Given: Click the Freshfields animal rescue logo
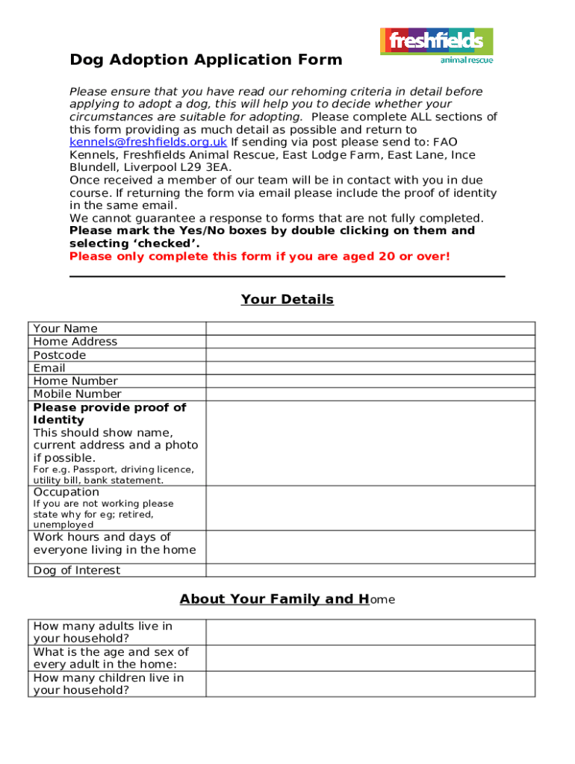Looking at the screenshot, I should pyautogui.click(x=436, y=46).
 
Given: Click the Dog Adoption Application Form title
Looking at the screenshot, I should pyautogui.click(x=206, y=60).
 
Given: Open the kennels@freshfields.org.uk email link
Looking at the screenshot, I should pyautogui.click(x=148, y=143).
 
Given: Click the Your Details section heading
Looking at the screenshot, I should pyautogui.click(x=287, y=299).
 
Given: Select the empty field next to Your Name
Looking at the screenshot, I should pyautogui.click(x=370, y=328).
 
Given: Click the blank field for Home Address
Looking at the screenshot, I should pyautogui.click(x=370, y=342).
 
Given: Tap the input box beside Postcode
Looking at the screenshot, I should pyautogui.click(x=370, y=355).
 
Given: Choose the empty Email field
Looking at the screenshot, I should pyautogui.click(x=370, y=368).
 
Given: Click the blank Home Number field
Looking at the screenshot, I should pyautogui.click(x=370, y=381).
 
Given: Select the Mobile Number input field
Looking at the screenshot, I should pyautogui.click(x=370, y=394).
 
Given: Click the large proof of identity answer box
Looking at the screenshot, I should pyautogui.click(x=370, y=443).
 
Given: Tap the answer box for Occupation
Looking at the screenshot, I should pyautogui.click(x=370, y=508).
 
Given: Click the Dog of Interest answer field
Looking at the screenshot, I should pyautogui.click(x=370, y=570).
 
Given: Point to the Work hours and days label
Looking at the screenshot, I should pyautogui.click(x=114, y=543).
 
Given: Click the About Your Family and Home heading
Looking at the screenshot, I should pyautogui.click(x=287, y=599).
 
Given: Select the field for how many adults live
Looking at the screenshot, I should pyautogui.click(x=370, y=632).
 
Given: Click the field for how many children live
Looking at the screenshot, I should pyautogui.click(x=370, y=683).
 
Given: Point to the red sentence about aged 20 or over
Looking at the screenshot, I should pyautogui.click(x=259, y=257).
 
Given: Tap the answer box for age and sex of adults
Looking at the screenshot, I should pyautogui.click(x=370, y=658).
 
